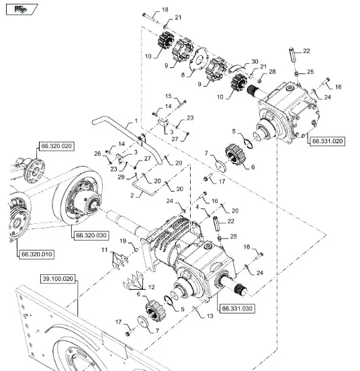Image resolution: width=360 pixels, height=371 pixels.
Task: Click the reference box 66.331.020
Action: click(x=327, y=141)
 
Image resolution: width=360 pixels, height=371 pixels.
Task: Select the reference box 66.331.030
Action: click(x=237, y=308)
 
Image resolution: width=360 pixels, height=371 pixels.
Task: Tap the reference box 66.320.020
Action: click(x=56, y=146)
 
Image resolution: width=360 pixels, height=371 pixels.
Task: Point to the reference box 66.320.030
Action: click(x=91, y=235)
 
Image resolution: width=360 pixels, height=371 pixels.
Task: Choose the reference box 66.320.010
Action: click(x=36, y=254)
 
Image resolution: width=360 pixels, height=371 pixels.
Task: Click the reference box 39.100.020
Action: click(x=58, y=279)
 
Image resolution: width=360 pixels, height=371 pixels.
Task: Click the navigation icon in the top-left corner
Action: click(x=21, y=9)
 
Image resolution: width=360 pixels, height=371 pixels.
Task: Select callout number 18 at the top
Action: click(x=165, y=9)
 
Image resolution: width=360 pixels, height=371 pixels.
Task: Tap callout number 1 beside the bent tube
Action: click(x=136, y=121)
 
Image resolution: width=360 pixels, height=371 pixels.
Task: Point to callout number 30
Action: click(x=255, y=62)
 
